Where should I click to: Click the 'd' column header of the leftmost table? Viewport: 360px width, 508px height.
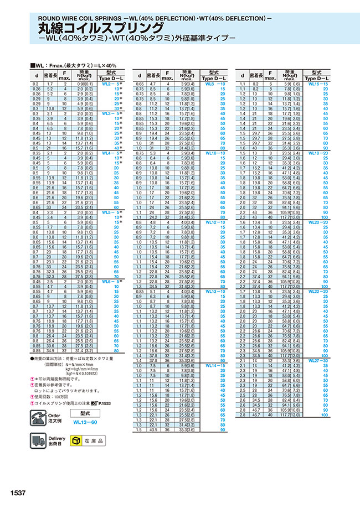click(36, 75)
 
